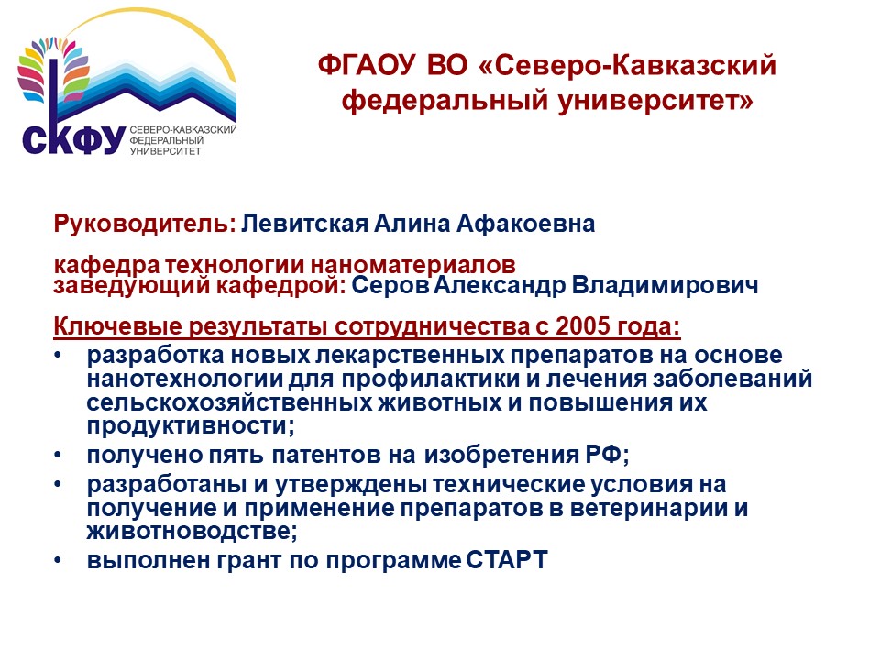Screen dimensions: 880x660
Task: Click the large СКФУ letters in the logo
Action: coord(73,139)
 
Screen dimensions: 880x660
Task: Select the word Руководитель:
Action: coord(145,224)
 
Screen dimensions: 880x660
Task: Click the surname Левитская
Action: coord(304,224)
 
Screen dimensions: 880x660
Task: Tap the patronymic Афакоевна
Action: coord(526,224)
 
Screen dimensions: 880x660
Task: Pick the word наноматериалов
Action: coord(413,264)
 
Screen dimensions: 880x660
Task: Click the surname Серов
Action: coord(390,285)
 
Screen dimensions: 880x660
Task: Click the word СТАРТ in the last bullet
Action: coord(507,560)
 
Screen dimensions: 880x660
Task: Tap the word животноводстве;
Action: coord(192,531)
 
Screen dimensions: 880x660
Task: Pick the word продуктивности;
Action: coord(191,425)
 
